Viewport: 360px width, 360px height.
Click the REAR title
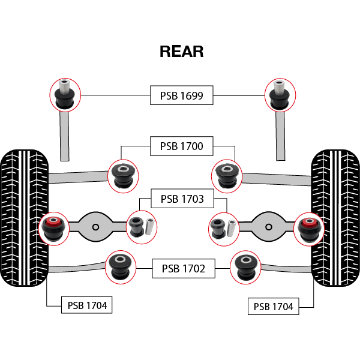click(181, 52)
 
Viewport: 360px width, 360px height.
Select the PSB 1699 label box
click(181, 95)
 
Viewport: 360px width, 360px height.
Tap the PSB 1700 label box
click(181, 146)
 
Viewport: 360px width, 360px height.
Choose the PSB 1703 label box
click(181, 198)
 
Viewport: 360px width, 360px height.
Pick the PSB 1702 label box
click(183, 269)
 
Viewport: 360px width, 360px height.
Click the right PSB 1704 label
click(273, 307)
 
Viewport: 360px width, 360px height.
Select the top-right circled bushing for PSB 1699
click(280, 94)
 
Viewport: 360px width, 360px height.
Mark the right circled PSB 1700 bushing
click(227, 174)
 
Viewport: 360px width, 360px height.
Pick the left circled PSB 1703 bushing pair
click(142, 226)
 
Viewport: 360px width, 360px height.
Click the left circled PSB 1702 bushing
click(121, 267)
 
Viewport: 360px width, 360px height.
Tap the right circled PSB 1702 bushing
click(246, 267)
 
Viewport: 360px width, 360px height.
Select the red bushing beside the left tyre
click(54, 227)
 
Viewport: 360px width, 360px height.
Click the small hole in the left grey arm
click(95, 227)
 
